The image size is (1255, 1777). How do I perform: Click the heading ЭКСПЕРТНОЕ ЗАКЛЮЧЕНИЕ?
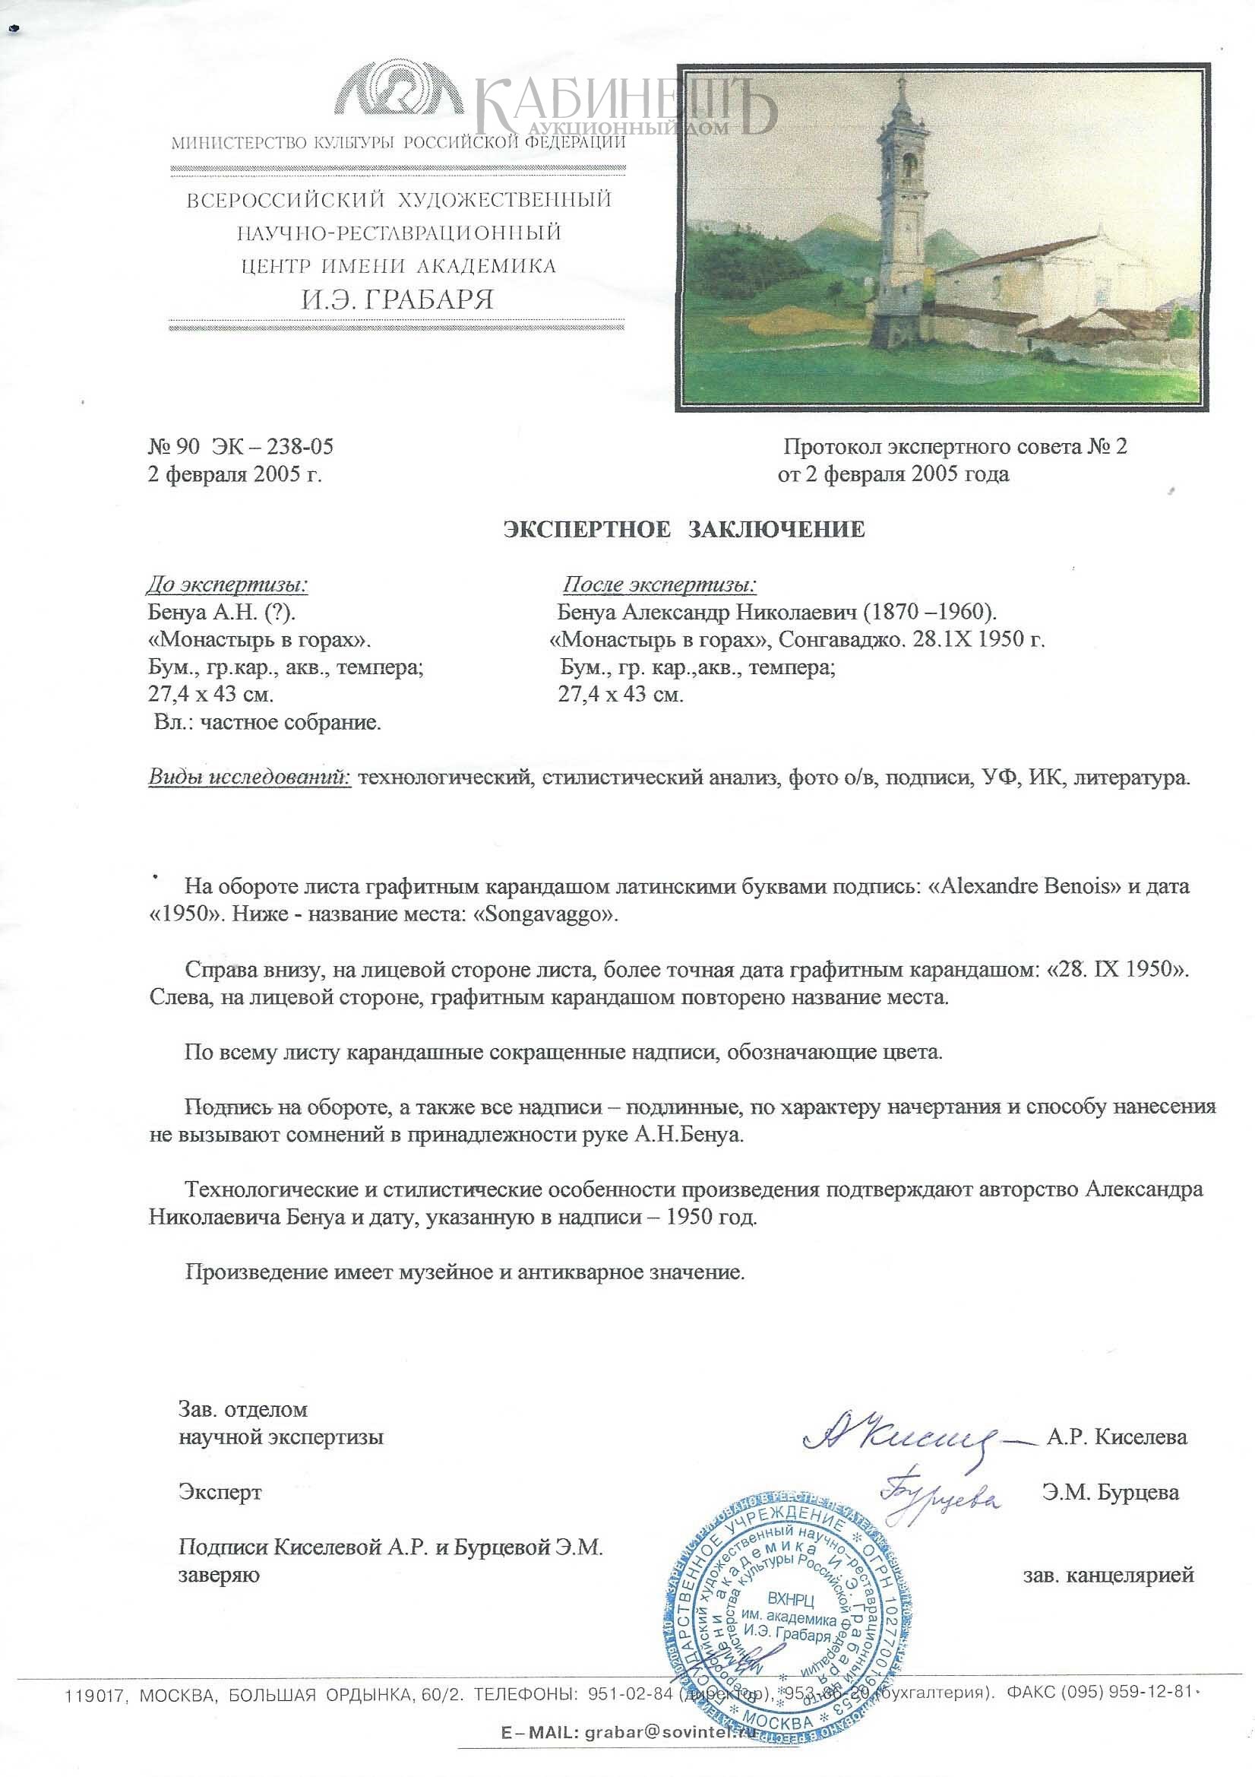click(683, 530)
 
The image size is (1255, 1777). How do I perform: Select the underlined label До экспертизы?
click(227, 584)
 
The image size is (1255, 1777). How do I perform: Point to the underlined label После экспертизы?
click(659, 584)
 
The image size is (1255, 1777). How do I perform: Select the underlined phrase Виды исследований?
click(249, 777)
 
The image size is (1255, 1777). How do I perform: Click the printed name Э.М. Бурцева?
click(1110, 1492)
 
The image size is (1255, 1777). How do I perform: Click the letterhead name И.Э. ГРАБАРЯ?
click(397, 299)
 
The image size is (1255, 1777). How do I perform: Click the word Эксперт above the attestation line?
click(220, 1492)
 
